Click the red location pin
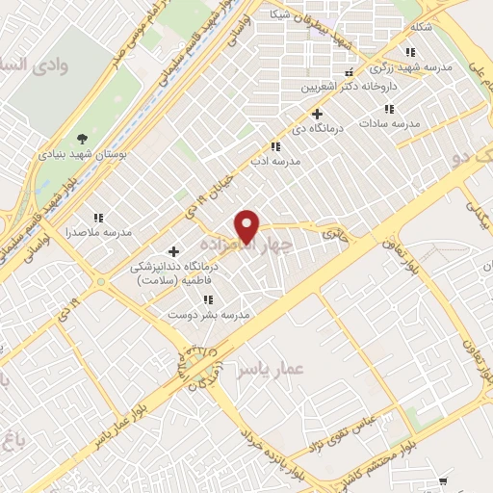pyautogui.click(x=248, y=225)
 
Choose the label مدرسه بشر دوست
pyautogui.click(x=209, y=315)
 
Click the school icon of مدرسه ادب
pyautogui.click(x=275, y=146)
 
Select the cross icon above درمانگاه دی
pyautogui.click(x=317, y=114)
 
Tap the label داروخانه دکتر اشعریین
pyautogui.click(x=334, y=87)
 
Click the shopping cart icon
pyautogui.click(x=443, y=480)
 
